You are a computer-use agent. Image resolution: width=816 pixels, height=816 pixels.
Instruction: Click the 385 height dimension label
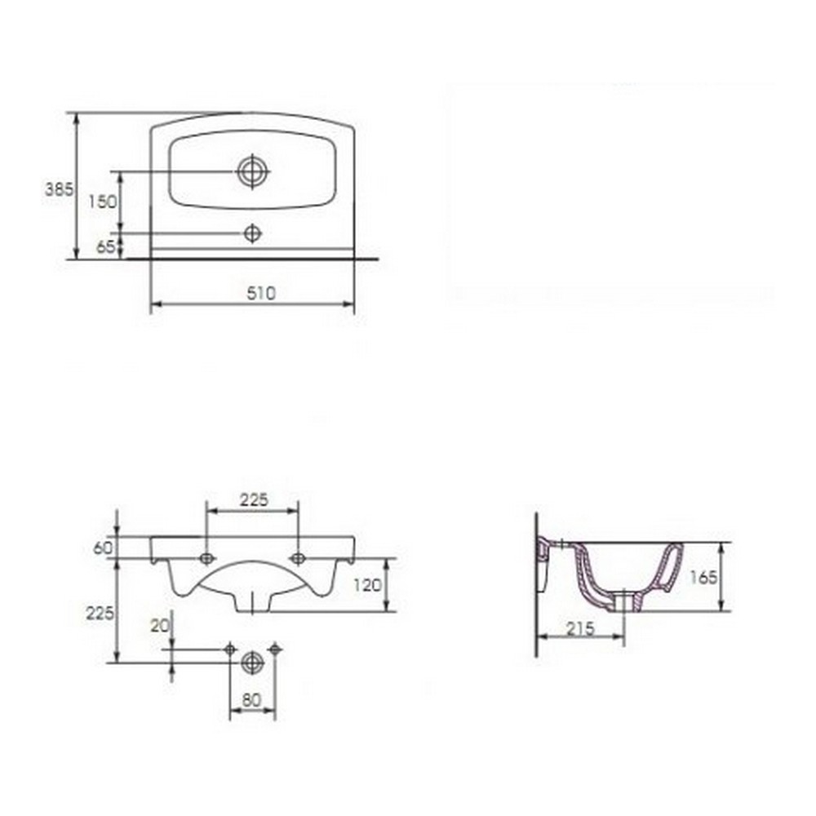click(x=60, y=189)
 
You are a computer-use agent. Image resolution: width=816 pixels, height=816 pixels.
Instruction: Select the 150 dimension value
click(x=103, y=202)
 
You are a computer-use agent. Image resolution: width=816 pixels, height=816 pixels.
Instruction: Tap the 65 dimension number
click(x=105, y=246)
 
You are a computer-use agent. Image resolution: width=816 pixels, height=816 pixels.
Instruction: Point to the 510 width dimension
click(x=261, y=294)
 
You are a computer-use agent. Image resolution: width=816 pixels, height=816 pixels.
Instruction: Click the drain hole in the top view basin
click(x=253, y=171)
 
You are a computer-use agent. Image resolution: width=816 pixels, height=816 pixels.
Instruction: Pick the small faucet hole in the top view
click(x=252, y=233)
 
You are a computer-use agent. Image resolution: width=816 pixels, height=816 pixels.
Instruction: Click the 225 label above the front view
click(x=254, y=499)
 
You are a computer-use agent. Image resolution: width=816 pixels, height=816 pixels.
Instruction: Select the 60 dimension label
click(x=103, y=548)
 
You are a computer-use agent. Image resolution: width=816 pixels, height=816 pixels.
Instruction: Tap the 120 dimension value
click(x=367, y=585)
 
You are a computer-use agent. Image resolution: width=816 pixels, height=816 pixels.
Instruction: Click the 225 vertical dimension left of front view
click(x=100, y=613)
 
